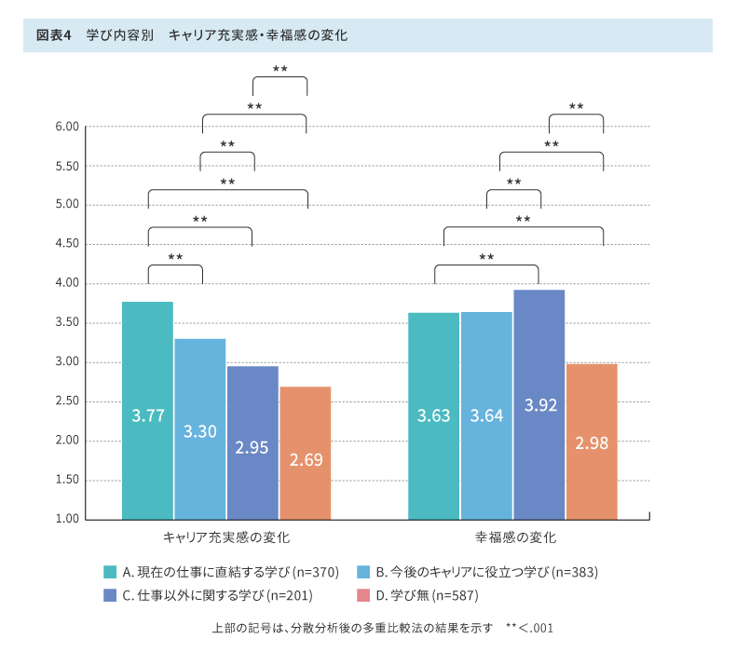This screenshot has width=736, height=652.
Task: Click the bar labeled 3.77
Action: [147, 410]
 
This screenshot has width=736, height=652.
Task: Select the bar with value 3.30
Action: [199, 428]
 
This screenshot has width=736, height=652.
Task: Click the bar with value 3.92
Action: [538, 404]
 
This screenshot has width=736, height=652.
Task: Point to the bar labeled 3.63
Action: [433, 415]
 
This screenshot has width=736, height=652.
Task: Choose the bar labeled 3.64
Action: [486, 415]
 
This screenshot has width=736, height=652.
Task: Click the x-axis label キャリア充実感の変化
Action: [226, 538]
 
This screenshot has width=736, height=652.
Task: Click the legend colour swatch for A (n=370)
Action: [110, 571]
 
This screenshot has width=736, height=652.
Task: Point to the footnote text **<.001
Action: [529, 628]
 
